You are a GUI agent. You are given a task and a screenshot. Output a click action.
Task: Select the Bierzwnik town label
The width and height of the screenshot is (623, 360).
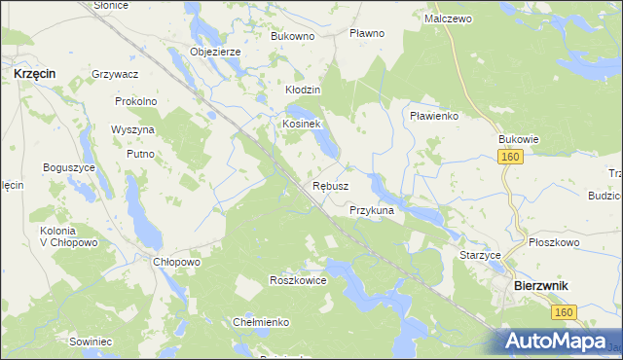pyautogui.click(x=540, y=285)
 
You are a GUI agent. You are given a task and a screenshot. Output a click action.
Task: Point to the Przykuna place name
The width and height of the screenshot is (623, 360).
pyautogui.click(x=371, y=210)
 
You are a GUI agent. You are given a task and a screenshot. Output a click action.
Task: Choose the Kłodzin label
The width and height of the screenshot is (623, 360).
pyautogui.click(x=303, y=90)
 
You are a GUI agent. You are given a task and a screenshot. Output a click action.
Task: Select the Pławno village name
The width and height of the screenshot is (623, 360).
pyautogui.click(x=367, y=33)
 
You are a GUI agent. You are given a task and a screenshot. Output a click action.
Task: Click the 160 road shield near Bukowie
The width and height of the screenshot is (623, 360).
pyautogui.click(x=511, y=157)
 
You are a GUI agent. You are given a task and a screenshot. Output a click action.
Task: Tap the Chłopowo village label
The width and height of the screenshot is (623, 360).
pyautogui.click(x=176, y=262)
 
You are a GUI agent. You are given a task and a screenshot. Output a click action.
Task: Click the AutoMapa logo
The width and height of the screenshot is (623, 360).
pyautogui.click(x=557, y=341)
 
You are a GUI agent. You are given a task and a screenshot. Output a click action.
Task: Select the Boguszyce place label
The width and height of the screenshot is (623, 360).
pyautogui.click(x=67, y=168)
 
